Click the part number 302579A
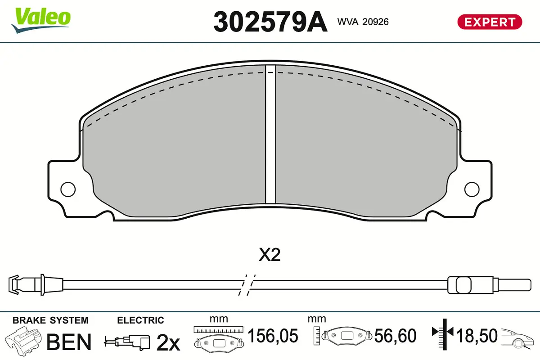pyautogui.click(x=270, y=21)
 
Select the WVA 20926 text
pyautogui.click(x=363, y=22)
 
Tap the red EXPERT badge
pyautogui.click(x=490, y=22)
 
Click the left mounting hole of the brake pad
pyautogui.click(x=68, y=189)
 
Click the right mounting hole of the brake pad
pyautogui.click(x=472, y=189)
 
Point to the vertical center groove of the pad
pyautogui.click(x=270, y=135)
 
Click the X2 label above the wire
pyautogui.click(x=270, y=256)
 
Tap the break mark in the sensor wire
pyautogui.click(x=247, y=284)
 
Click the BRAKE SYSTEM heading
pyautogui.click(x=50, y=320)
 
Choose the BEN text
pyautogui.click(x=69, y=342)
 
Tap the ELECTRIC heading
pyautogui.click(x=140, y=320)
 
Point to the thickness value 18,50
pyautogui.click(x=477, y=336)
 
